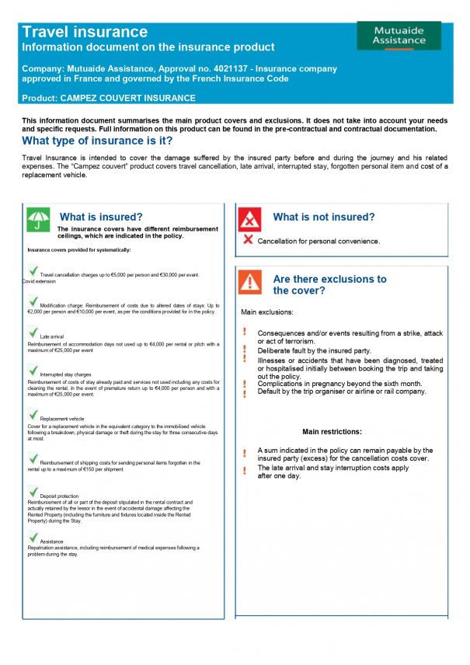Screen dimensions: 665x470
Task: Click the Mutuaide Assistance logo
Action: [399, 36]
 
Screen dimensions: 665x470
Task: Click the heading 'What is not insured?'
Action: [324, 218]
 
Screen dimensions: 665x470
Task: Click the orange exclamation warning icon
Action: [249, 283]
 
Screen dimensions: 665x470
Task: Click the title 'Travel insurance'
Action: [85, 32]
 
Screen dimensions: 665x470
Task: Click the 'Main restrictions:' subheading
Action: [332, 432]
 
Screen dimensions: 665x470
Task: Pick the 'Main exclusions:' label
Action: [267, 313]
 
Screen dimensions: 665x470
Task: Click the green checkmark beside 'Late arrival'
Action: [33, 333]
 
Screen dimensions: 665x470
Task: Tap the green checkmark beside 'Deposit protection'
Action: [33, 493]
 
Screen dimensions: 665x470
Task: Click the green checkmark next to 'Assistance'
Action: [33, 538]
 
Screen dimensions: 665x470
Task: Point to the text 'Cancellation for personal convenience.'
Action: [319, 242]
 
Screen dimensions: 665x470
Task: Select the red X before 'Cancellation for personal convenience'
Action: [248, 240]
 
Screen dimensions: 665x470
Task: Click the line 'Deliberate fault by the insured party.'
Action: [314, 350]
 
